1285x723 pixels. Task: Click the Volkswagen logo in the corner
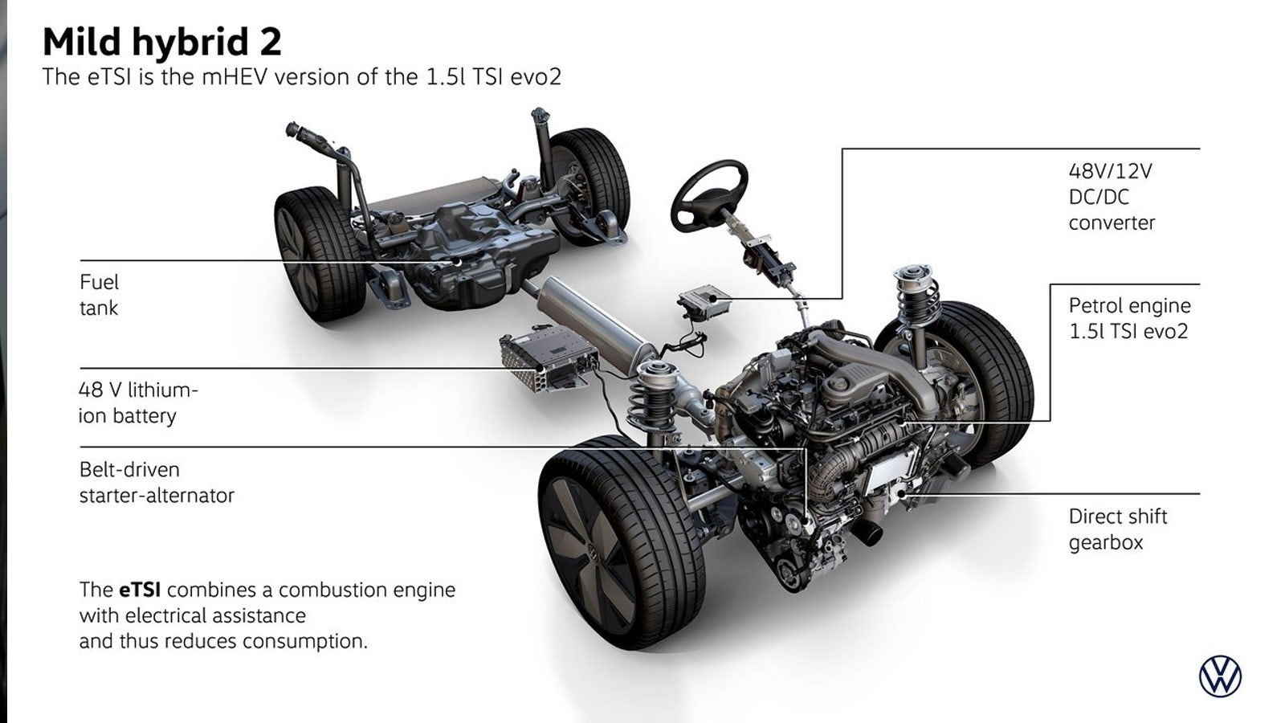click(1220, 677)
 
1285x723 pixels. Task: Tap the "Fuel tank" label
click(100, 295)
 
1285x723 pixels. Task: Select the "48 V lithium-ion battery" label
click(138, 402)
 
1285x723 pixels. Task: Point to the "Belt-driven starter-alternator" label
click(157, 483)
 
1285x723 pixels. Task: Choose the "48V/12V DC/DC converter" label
click(1112, 197)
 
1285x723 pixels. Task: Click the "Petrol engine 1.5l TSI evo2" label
click(1129, 318)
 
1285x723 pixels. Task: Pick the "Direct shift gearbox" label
click(1117, 529)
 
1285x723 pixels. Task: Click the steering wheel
click(710, 196)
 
